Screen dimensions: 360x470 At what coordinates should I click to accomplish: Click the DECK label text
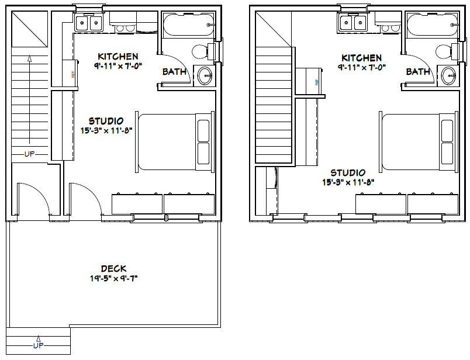coord(113,268)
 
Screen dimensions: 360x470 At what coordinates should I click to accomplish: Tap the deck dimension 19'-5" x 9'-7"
coord(113,278)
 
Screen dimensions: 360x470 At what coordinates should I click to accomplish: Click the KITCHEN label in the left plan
coord(118,57)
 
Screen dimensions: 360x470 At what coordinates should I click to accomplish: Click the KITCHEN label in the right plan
coord(362,58)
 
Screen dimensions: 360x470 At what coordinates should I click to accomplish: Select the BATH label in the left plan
coord(174,72)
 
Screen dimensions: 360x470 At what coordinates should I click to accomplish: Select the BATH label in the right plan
coord(418,72)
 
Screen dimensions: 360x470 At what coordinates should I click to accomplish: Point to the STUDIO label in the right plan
coord(348,172)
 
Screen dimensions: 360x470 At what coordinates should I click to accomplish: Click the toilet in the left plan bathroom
coord(202,52)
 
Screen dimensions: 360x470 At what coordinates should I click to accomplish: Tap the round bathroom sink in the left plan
coord(205,75)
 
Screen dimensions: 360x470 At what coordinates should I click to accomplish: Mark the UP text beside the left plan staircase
coord(30,154)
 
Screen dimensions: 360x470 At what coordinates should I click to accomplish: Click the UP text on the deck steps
coord(38,345)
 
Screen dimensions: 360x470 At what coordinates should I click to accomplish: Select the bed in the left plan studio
coord(174,141)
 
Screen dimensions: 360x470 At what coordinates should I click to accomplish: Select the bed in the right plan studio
coord(419,141)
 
